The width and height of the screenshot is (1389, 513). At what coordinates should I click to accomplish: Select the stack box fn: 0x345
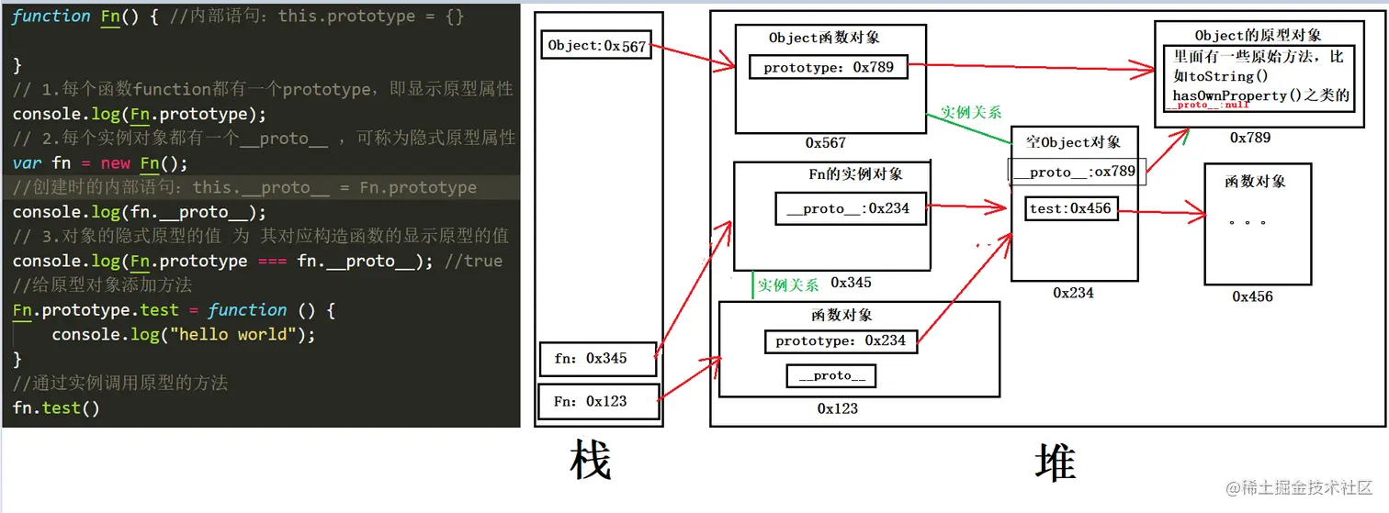[x=597, y=359]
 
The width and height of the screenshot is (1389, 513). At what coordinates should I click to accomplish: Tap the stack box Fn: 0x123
[x=597, y=401]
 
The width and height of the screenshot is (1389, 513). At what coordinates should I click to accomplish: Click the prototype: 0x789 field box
[x=829, y=67]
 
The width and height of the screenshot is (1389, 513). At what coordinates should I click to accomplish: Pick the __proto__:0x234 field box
[x=849, y=208]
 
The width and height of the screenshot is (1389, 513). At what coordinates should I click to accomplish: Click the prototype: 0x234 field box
[x=841, y=341]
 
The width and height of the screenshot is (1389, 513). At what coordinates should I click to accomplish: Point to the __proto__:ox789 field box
[x=1078, y=172]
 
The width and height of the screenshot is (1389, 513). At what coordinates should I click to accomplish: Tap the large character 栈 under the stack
[x=590, y=462]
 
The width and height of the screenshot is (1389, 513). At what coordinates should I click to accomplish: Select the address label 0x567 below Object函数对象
[x=826, y=143]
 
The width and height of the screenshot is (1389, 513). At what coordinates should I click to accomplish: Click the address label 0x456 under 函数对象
[x=1253, y=296]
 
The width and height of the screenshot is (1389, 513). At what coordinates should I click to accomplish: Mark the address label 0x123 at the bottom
[x=837, y=408]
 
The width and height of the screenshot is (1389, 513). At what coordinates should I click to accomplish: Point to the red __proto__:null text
[x=1207, y=106]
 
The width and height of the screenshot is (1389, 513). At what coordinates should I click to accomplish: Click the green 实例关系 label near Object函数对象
[x=971, y=113]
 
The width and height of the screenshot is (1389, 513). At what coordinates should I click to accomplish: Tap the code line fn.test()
[x=56, y=407]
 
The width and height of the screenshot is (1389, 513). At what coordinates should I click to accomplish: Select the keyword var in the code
[x=27, y=163]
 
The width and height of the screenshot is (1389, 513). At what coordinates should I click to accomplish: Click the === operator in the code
[x=273, y=262]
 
